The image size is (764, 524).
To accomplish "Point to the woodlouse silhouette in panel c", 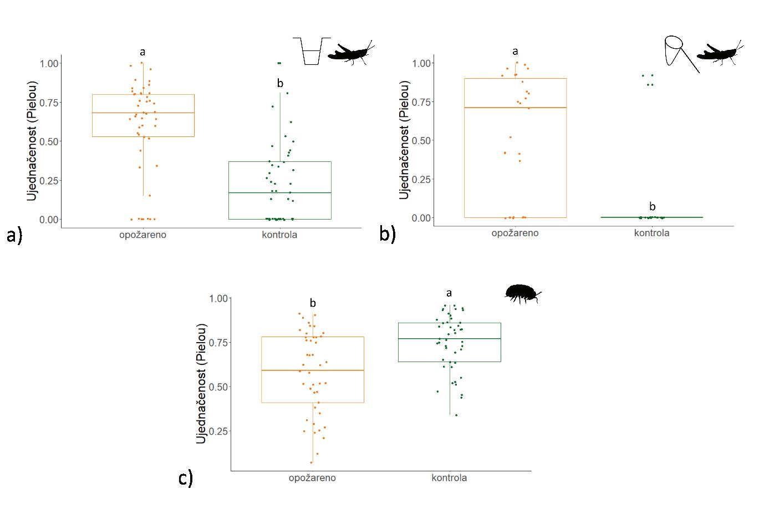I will [x=522, y=293].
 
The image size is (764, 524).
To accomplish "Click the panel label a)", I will [x=14, y=235].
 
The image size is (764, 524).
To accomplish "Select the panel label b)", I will [x=388, y=233].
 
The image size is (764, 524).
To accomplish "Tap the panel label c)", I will [x=186, y=478].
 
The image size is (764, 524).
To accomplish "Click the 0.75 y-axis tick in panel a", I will [x=49, y=103].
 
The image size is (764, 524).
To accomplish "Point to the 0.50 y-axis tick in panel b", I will [x=421, y=140].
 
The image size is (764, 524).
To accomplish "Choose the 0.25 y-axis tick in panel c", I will [x=218, y=431].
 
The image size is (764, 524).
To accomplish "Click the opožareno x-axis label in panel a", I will [x=142, y=235].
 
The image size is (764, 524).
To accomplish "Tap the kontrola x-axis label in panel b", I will [x=651, y=233].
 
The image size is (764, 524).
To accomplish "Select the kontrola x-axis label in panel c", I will [x=449, y=477].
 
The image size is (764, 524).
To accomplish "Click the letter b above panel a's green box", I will [x=280, y=84].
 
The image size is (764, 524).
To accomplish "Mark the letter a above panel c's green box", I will [x=449, y=293].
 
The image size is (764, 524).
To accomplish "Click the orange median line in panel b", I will [x=515, y=108].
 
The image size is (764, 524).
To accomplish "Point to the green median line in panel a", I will [x=280, y=192].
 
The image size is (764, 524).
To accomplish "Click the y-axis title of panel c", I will [x=202, y=383].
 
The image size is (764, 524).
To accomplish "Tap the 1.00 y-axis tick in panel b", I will [x=421, y=63].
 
